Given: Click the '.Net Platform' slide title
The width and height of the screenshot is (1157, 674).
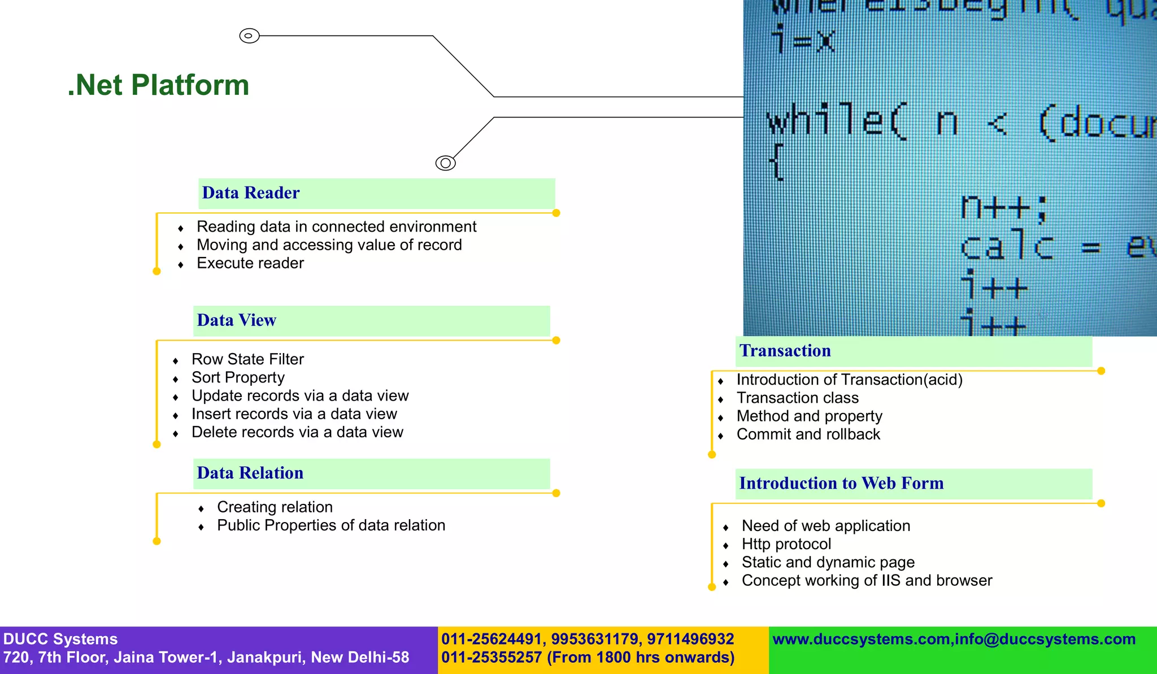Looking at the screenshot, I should click(x=158, y=85).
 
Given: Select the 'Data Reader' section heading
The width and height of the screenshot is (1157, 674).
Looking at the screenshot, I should click(x=251, y=193).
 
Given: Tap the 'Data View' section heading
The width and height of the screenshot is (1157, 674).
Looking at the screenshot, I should click(x=236, y=320).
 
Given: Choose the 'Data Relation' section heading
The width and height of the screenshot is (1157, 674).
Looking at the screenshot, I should click(x=250, y=473).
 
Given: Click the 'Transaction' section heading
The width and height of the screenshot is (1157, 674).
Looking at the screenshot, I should click(x=785, y=351).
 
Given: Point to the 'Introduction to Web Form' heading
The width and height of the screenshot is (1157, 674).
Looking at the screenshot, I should click(x=841, y=484).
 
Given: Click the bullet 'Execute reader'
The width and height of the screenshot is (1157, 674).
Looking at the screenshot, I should click(x=250, y=263).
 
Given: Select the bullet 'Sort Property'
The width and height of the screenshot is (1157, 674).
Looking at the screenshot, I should click(x=238, y=377).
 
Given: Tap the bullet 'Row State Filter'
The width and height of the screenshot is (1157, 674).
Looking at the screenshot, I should click(x=247, y=359).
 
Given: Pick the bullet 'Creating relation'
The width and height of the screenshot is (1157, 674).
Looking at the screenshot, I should click(x=275, y=507).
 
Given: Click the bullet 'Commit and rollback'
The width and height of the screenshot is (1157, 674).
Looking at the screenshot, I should click(x=808, y=434).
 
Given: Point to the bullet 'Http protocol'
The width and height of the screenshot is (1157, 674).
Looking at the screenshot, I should click(x=786, y=544).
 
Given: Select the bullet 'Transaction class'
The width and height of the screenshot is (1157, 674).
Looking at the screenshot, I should click(x=797, y=398).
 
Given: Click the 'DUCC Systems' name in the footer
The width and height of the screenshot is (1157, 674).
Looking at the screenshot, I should click(x=60, y=639).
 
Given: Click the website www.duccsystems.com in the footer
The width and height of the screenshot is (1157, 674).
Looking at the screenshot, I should click(x=860, y=639).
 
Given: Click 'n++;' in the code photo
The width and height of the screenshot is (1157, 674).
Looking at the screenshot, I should click(x=1004, y=208).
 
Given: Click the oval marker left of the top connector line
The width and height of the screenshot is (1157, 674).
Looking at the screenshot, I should click(x=249, y=36).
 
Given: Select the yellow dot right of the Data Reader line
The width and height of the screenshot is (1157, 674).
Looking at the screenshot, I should click(x=556, y=213).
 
